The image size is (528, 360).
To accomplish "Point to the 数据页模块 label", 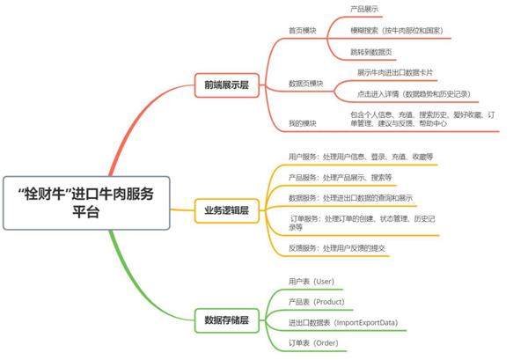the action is [306, 84].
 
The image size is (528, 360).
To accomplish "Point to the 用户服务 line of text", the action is [361, 157].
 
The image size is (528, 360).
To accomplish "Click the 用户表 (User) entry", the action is [312, 282].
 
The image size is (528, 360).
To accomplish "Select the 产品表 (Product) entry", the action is [317, 302].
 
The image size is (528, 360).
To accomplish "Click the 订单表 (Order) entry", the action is [313, 343].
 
